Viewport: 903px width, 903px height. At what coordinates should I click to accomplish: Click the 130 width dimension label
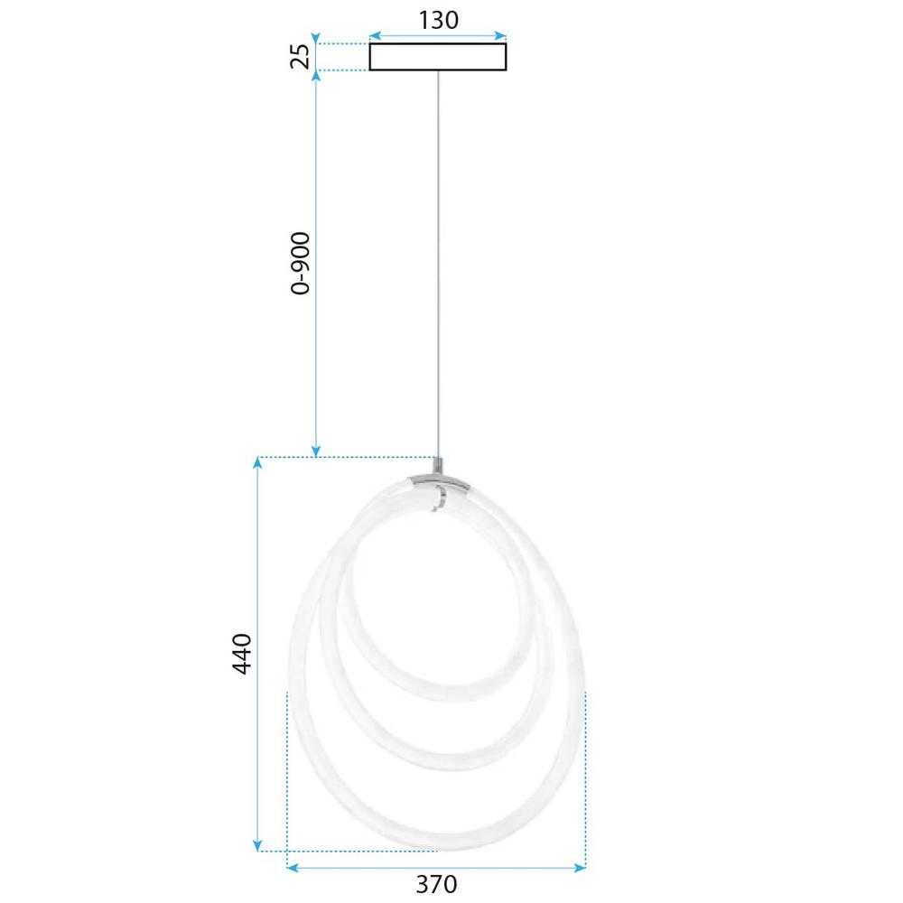pyautogui.click(x=438, y=19)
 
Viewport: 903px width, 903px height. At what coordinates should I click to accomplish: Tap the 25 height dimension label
pyautogui.click(x=302, y=56)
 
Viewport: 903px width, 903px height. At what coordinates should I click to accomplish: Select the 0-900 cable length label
pyautogui.click(x=301, y=263)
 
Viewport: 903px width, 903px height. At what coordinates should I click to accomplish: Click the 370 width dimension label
pyautogui.click(x=437, y=884)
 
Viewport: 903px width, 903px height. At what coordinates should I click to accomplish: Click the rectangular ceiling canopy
pyautogui.click(x=438, y=56)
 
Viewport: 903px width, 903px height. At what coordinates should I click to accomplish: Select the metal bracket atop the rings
pyautogui.click(x=438, y=482)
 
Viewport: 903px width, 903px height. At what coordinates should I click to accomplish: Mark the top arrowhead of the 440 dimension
pyautogui.click(x=257, y=464)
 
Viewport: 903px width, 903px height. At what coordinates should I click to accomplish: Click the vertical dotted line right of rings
pyautogui.click(x=585, y=777)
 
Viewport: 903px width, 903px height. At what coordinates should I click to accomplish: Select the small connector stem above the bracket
pyautogui.click(x=439, y=467)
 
